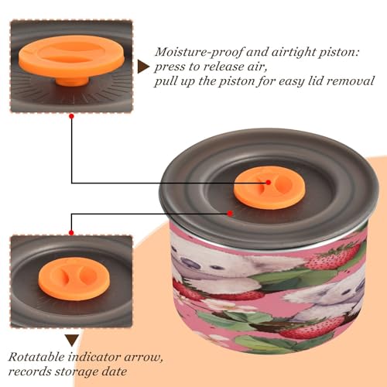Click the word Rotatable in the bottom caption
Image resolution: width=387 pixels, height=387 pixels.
(36, 357)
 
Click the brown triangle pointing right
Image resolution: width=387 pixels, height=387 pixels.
(143, 67)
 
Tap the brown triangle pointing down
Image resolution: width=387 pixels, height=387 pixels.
(72, 341)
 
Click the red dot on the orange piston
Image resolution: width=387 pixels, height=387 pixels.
(269, 183)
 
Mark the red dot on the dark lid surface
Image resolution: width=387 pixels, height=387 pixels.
(230, 214)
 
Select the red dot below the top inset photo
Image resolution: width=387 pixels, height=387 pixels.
(72, 116)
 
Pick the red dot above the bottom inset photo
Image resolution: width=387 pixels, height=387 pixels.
(71, 233)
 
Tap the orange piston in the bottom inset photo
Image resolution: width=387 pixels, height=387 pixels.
(74, 279)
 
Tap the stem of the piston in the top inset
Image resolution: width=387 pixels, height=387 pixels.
(72, 80)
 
